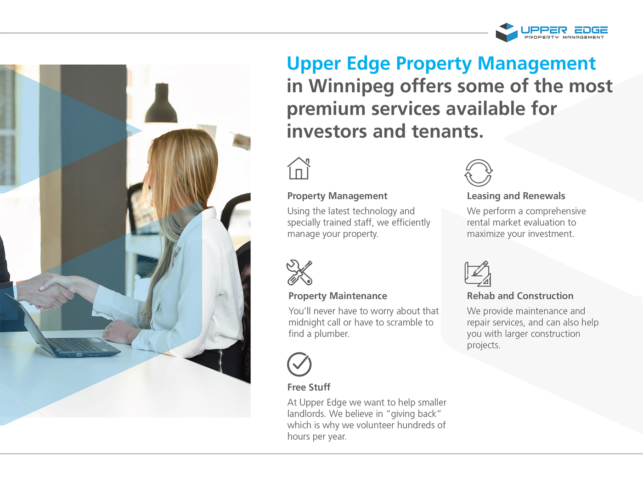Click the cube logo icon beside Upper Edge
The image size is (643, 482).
coord(507,32)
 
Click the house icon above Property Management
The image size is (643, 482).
coord(299,168)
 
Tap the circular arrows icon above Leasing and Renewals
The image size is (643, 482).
coord(478,173)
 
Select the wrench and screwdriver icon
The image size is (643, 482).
coord(299,273)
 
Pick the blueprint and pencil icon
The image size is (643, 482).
coord(478,274)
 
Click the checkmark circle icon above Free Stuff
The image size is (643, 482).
coord(299,364)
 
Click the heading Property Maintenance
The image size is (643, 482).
coord(338,296)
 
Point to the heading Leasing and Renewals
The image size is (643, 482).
coord(516,196)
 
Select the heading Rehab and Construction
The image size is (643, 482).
coord(520,296)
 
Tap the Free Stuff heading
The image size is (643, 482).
coord(309,387)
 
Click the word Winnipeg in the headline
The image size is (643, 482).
coord(351,86)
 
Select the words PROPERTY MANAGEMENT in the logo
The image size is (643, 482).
coord(564,38)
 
